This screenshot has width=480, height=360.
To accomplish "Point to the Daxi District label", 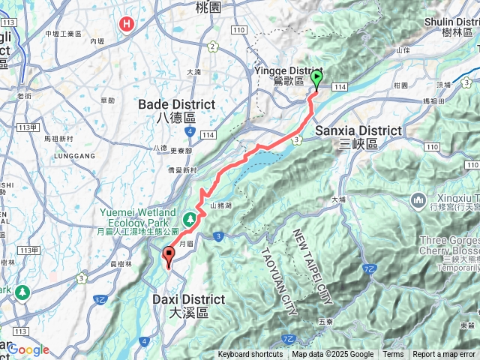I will pos(177,304).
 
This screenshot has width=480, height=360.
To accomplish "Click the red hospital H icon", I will pos(127,24).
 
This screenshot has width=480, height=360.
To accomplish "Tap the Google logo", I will pos(28,349).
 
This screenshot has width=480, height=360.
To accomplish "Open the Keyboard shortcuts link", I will pos(250,355).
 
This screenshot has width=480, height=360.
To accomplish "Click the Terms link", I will pos(393,355).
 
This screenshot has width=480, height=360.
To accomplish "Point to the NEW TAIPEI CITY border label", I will pos(312,265).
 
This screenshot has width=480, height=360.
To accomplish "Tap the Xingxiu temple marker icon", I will pos(418,200).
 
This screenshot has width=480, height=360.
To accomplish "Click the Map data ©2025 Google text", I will pos(333,355).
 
